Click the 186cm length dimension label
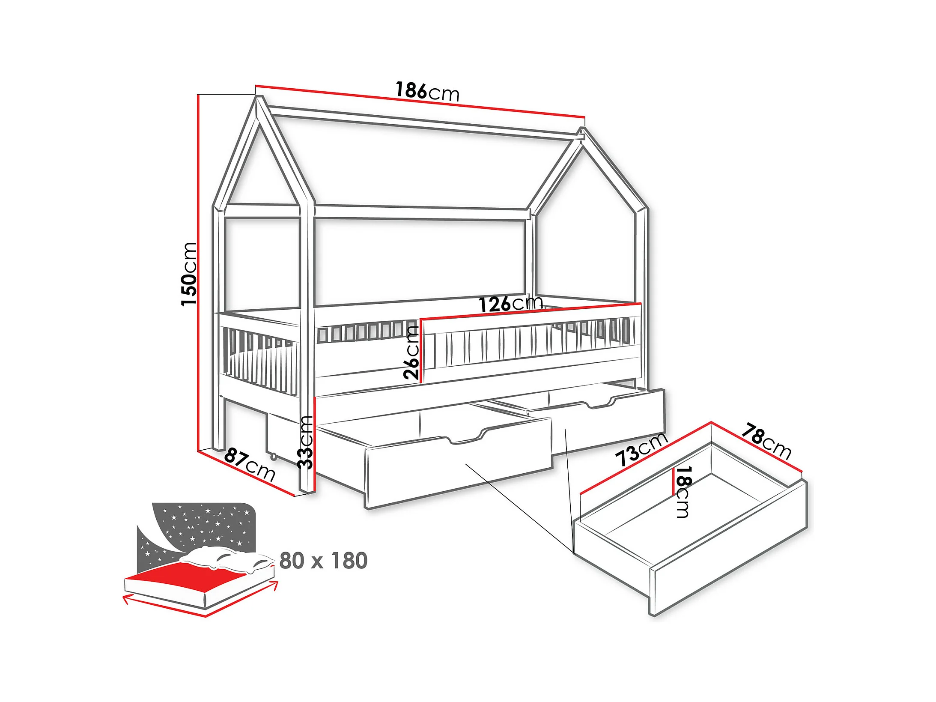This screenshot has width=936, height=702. [x=427, y=91]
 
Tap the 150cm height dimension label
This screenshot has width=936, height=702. [x=188, y=274]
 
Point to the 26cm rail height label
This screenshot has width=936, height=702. [x=411, y=352]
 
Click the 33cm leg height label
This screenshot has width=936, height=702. [x=306, y=442]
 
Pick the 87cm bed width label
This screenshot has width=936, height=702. [x=250, y=464]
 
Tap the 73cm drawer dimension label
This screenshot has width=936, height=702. [x=641, y=449]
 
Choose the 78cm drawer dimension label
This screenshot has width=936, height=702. [x=766, y=441]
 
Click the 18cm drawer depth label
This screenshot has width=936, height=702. [x=683, y=492]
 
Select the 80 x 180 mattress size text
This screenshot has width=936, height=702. [x=323, y=561]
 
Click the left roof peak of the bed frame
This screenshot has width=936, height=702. [x=259, y=100]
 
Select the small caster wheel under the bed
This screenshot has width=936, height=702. [x=273, y=457]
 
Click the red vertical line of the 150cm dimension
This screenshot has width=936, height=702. [x=198, y=274]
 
